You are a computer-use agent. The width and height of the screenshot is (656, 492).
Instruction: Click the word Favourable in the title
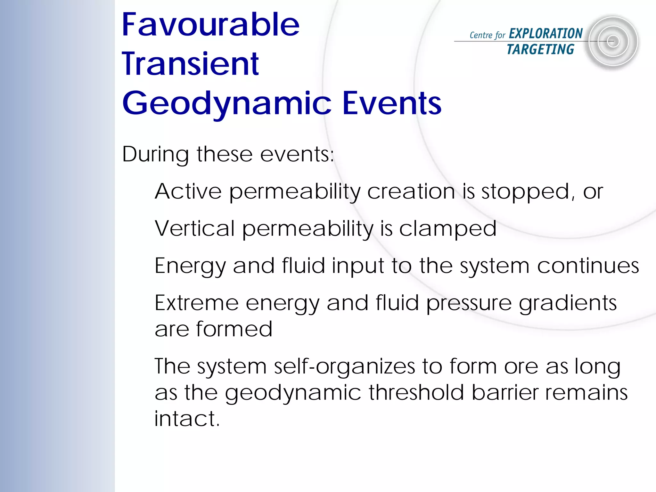click(x=210, y=25)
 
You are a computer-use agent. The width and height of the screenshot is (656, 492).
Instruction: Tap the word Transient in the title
click(x=190, y=64)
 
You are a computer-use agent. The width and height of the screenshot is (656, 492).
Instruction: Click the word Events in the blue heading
click(x=392, y=103)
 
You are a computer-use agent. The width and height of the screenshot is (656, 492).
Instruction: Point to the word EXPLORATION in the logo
click(x=545, y=34)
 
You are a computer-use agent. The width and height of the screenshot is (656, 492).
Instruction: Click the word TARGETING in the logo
click(x=540, y=49)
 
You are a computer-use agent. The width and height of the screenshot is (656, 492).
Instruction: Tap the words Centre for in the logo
click(x=487, y=35)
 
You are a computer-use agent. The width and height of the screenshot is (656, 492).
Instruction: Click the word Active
click(x=188, y=192)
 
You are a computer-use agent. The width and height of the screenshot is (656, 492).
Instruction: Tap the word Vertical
click(x=195, y=229)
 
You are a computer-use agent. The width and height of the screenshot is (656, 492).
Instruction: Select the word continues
click(x=588, y=266)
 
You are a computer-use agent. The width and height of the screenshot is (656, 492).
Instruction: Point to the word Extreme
click(x=196, y=303)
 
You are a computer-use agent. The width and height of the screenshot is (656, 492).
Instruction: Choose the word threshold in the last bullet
click(x=416, y=392)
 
